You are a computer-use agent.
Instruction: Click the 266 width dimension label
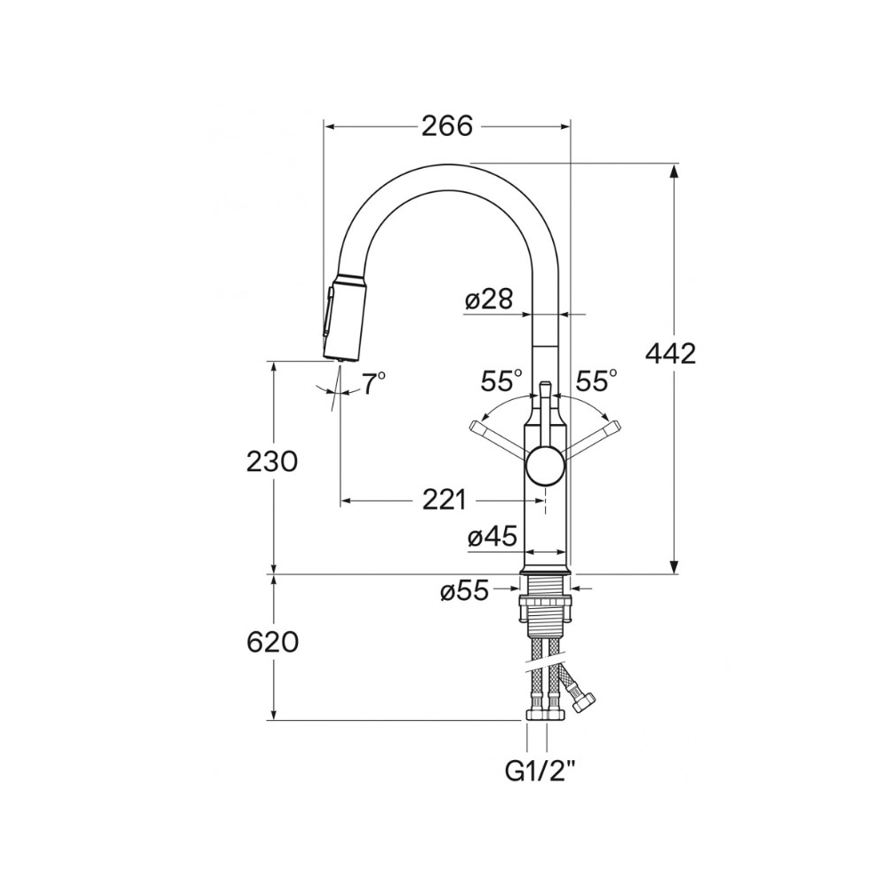click(447, 126)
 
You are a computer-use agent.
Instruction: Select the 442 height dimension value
click(670, 355)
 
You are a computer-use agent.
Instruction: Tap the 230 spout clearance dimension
click(272, 461)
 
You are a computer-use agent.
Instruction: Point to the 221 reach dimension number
click(444, 500)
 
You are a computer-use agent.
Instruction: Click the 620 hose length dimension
click(272, 643)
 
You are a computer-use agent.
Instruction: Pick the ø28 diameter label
click(489, 299)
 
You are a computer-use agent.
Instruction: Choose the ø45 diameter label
click(493, 536)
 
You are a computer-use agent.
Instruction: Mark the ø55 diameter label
click(464, 592)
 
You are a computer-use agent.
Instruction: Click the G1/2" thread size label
click(540, 771)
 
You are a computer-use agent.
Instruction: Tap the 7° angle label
click(374, 384)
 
